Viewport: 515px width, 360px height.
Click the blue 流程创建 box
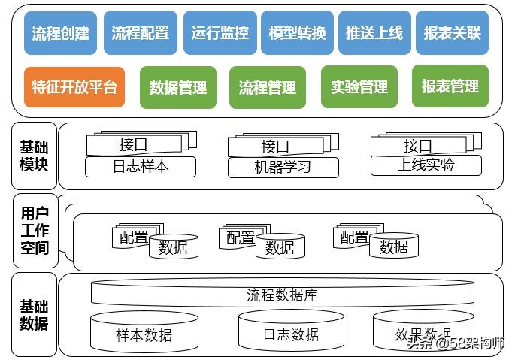[x=60, y=33]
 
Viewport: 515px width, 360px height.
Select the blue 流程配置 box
[x=140, y=33]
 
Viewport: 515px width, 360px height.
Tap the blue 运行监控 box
[x=220, y=33]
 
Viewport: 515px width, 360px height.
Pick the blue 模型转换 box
[x=297, y=33]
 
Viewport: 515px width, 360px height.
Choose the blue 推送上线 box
[x=374, y=33]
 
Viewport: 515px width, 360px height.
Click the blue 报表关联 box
[x=452, y=33]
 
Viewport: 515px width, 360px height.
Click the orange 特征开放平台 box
[x=74, y=87]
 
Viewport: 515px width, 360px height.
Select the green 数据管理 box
[x=178, y=88]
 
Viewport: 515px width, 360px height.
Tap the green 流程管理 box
[x=267, y=88]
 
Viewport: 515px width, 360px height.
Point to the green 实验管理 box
[x=359, y=87]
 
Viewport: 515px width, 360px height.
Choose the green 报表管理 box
[x=450, y=86]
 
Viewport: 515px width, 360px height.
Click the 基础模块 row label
[x=35, y=156]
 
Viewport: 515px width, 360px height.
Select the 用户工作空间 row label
[x=35, y=230]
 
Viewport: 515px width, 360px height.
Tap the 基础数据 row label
[x=35, y=315]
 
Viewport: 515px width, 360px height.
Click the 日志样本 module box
[x=141, y=167]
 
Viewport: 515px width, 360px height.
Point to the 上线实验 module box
[x=426, y=165]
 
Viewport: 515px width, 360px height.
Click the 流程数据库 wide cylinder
[x=282, y=294]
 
